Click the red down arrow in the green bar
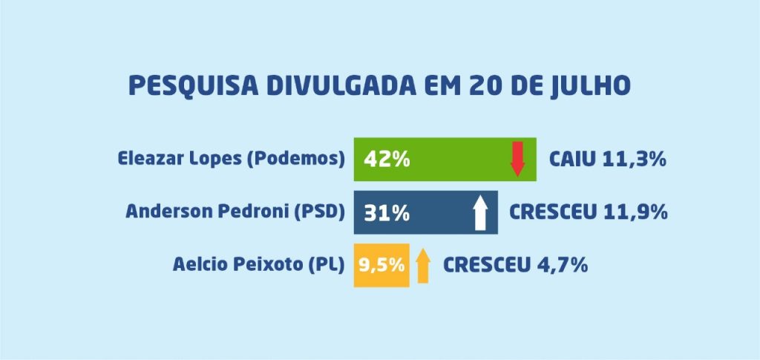pyautogui.click(x=517, y=159)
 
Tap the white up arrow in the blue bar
pyautogui.click(x=480, y=213)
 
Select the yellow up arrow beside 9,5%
pyautogui.click(x=423, y=266)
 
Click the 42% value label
pyautogui.click(x=387, y=160)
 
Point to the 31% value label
pyautogui.click(x=387, y=213)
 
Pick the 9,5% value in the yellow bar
pyautogui.click(x=382, y=265)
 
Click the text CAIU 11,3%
pyautogui.click(x=608, y=159)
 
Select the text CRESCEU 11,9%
pyautogui.click(x=588, y=212)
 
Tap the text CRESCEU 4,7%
pyautogui.click(x=515, y=265)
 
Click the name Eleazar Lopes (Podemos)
pyautogui.click(x=232, y=158)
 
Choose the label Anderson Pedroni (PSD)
pyautogui.click(x=235, y=212)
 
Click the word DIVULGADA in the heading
pyautogui.click(x=341, y=86)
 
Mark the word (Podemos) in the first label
pyautogui.click(x=295, y=159)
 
